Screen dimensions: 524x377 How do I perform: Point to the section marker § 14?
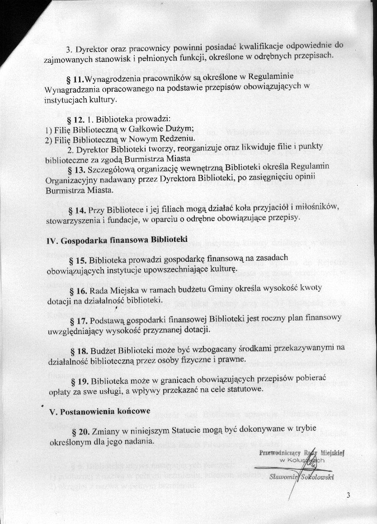[77, 210]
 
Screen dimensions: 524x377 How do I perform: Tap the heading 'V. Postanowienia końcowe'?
[99, 412]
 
